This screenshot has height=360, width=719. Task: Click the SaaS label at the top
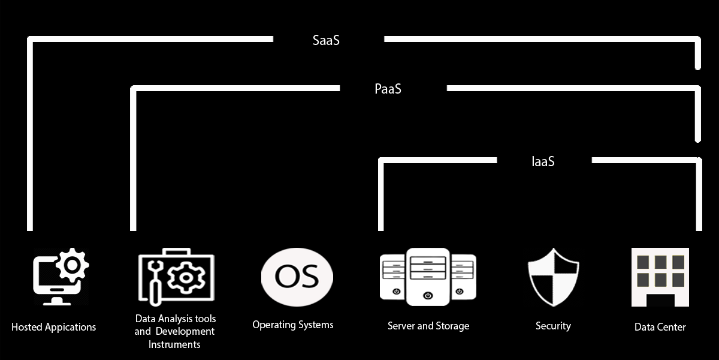click(x=327, y=41)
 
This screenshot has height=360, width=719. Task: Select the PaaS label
click(x=388, y=89)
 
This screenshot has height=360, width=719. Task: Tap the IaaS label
click(x=543, y=161)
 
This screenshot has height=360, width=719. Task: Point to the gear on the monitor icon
click(x=73, y=264)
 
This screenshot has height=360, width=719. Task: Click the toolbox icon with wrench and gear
click(x=176, y=277)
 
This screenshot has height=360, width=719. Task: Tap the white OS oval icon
click(x=297, y=277)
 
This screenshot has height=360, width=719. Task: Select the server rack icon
click(x=428, y=277)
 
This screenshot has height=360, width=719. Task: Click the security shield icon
click(x=553, y=277)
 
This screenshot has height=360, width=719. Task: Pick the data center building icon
click(x=660, y=277)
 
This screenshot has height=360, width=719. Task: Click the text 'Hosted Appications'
click(x=53, y=327)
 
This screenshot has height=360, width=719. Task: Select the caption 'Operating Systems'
click(x=292, y=325)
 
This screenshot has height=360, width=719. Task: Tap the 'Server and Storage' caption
click(x=428, y=326)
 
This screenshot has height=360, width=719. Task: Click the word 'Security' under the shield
click(x=553, y=326)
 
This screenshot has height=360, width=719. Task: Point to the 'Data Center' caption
click(x=660, y=327)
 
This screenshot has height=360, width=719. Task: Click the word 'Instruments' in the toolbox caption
click(x=174, y=344)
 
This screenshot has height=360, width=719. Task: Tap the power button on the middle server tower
click(x=427, y=295)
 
